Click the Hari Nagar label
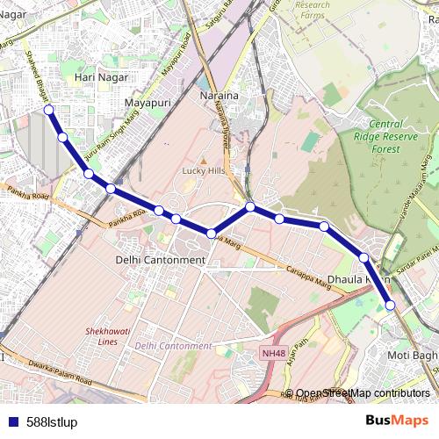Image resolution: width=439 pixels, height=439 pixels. (97, 78)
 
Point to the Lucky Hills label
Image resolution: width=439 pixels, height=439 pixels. (204, 171)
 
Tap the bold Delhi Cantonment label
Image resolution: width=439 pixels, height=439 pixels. (160, 260)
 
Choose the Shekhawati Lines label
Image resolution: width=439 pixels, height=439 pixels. (102, 336)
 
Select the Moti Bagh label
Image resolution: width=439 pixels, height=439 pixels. (412, 356)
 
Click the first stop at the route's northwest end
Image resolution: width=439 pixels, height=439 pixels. (49, 110)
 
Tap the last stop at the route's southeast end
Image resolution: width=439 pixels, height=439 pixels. (391, 306)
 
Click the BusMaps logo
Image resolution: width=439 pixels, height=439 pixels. (397, 421)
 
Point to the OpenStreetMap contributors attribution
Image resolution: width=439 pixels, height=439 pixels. (363, 393)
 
